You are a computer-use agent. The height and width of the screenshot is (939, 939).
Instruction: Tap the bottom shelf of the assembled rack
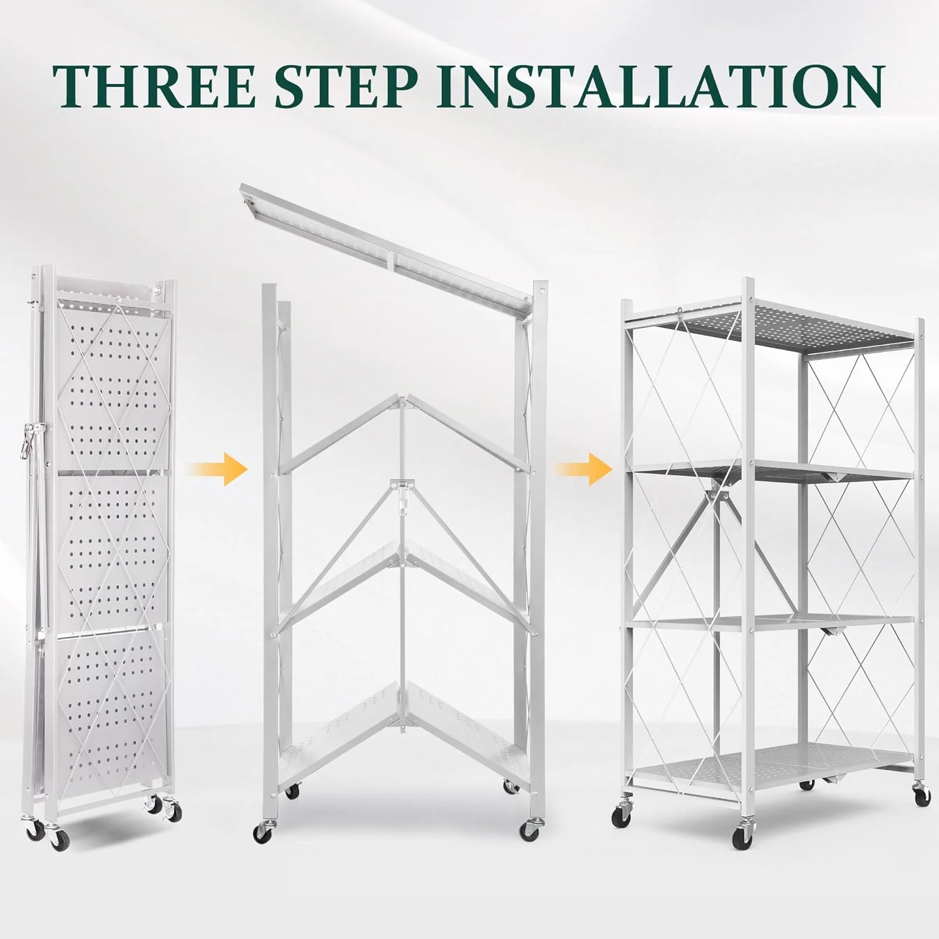point(770,764)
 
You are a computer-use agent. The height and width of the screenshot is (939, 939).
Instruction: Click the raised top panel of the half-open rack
point(388,244)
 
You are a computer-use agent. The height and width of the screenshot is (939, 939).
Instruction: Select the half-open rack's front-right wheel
point(530,830)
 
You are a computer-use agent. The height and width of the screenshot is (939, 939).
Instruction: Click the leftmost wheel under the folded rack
point(34,830)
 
